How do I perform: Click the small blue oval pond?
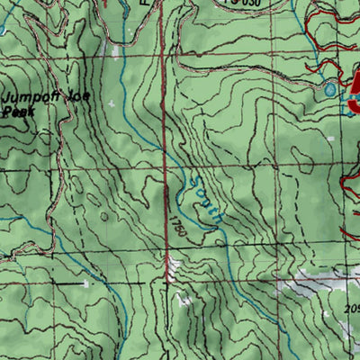pyautogui.click(x=330, y=89)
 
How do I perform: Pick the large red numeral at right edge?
pyautogui.click(x=353, y=94)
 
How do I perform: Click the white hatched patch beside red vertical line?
pyautogui.click(x=175, y=265)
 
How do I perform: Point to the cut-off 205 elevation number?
pyautogui.click(x=351, y=309)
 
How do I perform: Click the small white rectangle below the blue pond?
pyautogui.click(x=330, y=138)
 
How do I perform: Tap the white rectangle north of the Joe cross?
pyautogui.click(x=116, y=51)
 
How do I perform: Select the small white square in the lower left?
pyautogui.click(x=86, y=284)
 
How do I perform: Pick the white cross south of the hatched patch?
pyautogui.click(x=186, y=301)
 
